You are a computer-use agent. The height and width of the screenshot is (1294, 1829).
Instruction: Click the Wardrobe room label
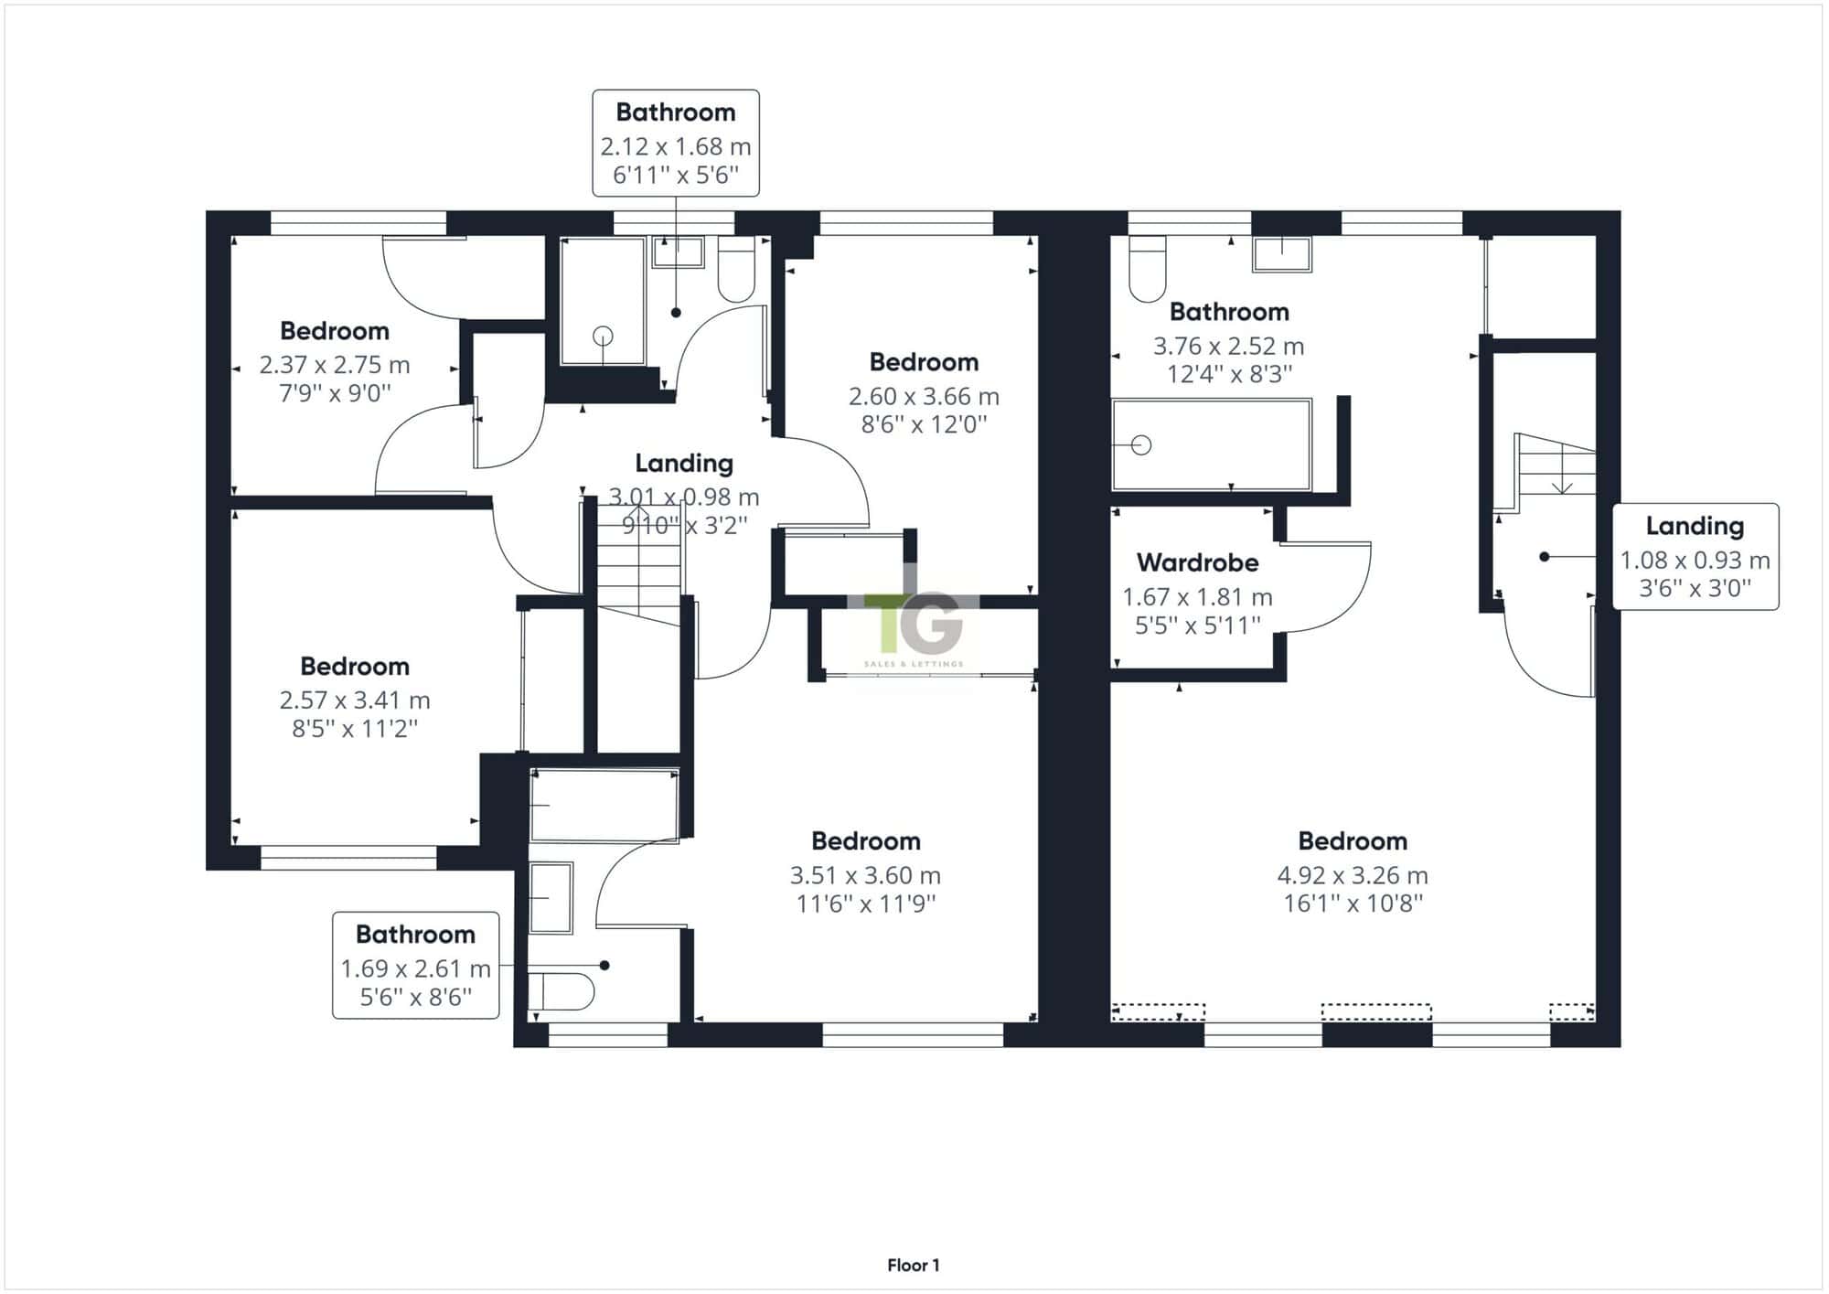point(1197,562)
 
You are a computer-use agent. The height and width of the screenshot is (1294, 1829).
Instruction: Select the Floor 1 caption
point(914,1266)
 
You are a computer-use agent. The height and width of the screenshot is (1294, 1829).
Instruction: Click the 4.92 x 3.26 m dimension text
point(1353,875)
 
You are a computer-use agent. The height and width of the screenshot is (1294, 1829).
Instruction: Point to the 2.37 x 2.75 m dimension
point(335,365)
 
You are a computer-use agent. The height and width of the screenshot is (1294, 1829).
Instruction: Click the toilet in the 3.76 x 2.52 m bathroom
point(1148,269)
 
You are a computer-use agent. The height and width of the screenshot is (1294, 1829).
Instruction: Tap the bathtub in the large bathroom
point(1212,445)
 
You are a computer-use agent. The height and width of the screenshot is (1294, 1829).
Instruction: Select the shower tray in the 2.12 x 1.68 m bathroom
point(603,302)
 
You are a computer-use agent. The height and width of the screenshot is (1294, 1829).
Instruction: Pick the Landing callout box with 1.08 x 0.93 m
point(1695,557)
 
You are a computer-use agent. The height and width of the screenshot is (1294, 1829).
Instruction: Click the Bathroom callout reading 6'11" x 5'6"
point(676,143)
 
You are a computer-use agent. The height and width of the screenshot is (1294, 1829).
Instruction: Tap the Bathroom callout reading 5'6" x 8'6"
point(416,965)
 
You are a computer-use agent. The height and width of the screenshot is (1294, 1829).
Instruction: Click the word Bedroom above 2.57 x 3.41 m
point(355,667)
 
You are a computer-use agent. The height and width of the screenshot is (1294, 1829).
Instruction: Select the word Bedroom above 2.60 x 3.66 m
point(924,362)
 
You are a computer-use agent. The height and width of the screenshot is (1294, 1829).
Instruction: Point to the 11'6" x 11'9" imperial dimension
point(865,904)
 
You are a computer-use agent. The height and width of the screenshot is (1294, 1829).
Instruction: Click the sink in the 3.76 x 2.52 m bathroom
point(1282,254)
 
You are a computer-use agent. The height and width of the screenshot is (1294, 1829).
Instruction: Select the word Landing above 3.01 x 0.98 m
point(684,464)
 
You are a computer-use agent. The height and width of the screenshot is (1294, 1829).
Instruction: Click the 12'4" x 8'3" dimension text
point(1229,374)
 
